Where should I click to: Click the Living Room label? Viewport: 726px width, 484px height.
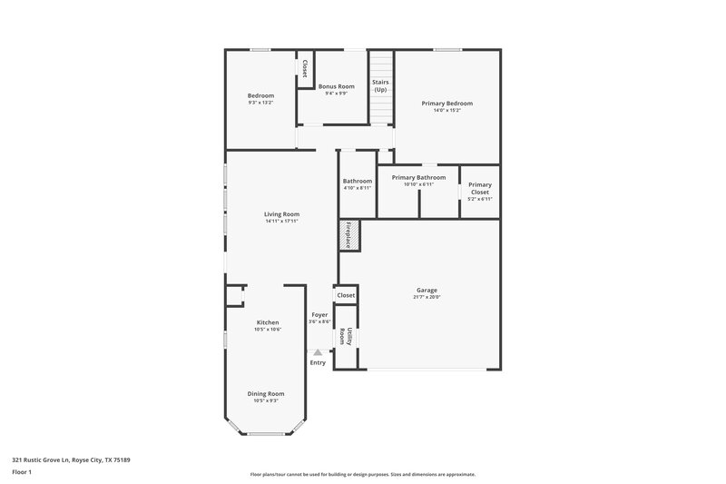[x=282, y=214]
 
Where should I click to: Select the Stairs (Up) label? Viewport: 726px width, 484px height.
[x=381, y=85]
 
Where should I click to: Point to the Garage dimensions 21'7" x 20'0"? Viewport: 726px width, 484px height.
[x=427, y=297]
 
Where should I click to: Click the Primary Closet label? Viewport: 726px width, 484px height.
[x=479, y=188]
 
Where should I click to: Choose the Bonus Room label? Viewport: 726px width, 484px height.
[x=336, y=86]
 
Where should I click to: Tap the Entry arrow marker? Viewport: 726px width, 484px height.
[x=317, y=351]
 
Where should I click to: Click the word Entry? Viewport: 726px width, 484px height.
[x=318, y=363]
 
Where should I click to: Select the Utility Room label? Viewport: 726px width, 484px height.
[x=345, y=336]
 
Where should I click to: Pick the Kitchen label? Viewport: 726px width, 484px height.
[x=268, y=322]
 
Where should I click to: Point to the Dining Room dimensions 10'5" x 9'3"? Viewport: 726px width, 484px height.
[x=267, y=400]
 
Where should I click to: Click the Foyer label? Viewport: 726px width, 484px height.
[x=319, y=315]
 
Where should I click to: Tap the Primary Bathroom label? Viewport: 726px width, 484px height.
[x=418, y=177]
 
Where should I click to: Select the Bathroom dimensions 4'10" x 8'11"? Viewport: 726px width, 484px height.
[x=358, y=188]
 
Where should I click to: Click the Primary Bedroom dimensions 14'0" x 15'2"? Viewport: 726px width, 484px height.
[x=446, y=110]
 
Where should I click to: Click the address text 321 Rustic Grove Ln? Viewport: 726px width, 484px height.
[x=71, y=459]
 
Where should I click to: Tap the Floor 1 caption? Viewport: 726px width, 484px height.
[x=22, y=472]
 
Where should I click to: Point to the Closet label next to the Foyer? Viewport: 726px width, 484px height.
[x=346, y=295]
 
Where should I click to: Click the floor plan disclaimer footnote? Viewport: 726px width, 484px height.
[x=363, y=474]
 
